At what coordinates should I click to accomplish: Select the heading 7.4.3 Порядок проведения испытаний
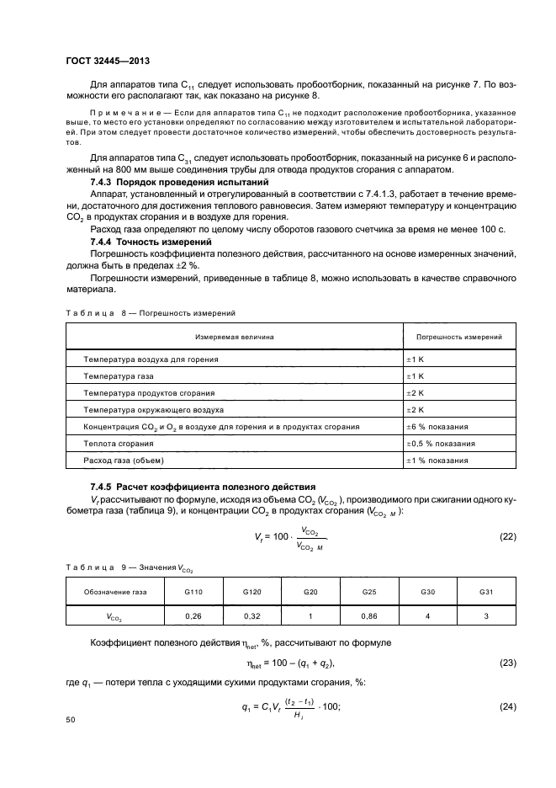[x=179, y=182]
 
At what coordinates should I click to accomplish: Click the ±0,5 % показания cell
[x=441, y=443]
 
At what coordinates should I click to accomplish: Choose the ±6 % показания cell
[x=437, y=426]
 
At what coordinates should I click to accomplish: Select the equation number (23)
[x=507, y=663]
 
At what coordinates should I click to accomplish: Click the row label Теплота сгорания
[x=119, y=443]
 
